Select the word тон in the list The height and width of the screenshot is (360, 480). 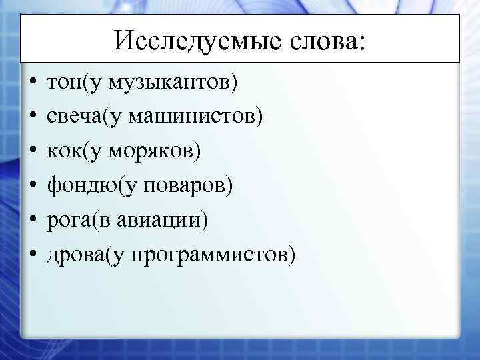click(60, 83)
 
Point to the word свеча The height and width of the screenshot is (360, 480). click(72, 117)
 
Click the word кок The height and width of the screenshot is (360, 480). click(60, 151)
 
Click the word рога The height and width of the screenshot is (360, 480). click(66, 220)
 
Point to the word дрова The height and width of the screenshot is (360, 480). click(73, 254)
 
